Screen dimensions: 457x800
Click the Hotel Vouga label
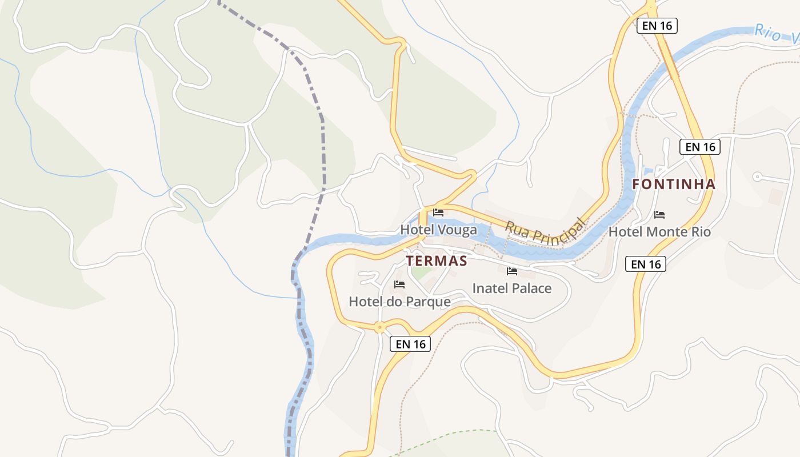pos(438,230)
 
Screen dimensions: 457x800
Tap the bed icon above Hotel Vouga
pos(438,212)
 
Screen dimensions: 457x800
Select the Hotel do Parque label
pos(399,301)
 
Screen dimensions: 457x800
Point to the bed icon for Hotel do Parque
pos(399,284)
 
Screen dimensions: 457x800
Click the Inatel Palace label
pos(511,288)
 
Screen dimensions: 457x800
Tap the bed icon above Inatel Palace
pos(511,271)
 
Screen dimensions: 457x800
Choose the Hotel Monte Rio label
pos(659,231)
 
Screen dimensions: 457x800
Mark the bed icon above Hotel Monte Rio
pos(659,214)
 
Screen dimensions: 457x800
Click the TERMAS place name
pos(437,261)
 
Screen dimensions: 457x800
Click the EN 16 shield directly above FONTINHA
pos(700,147)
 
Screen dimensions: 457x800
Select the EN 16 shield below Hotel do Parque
pos(411,344)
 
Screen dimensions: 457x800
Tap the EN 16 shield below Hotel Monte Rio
pos(646,264)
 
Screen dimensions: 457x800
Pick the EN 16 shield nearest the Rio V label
pos(657,26)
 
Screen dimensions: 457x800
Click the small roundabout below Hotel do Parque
pos(379,327)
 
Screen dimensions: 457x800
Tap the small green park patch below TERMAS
pos(421,272)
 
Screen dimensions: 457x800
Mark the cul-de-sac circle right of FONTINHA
pos(757,177)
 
